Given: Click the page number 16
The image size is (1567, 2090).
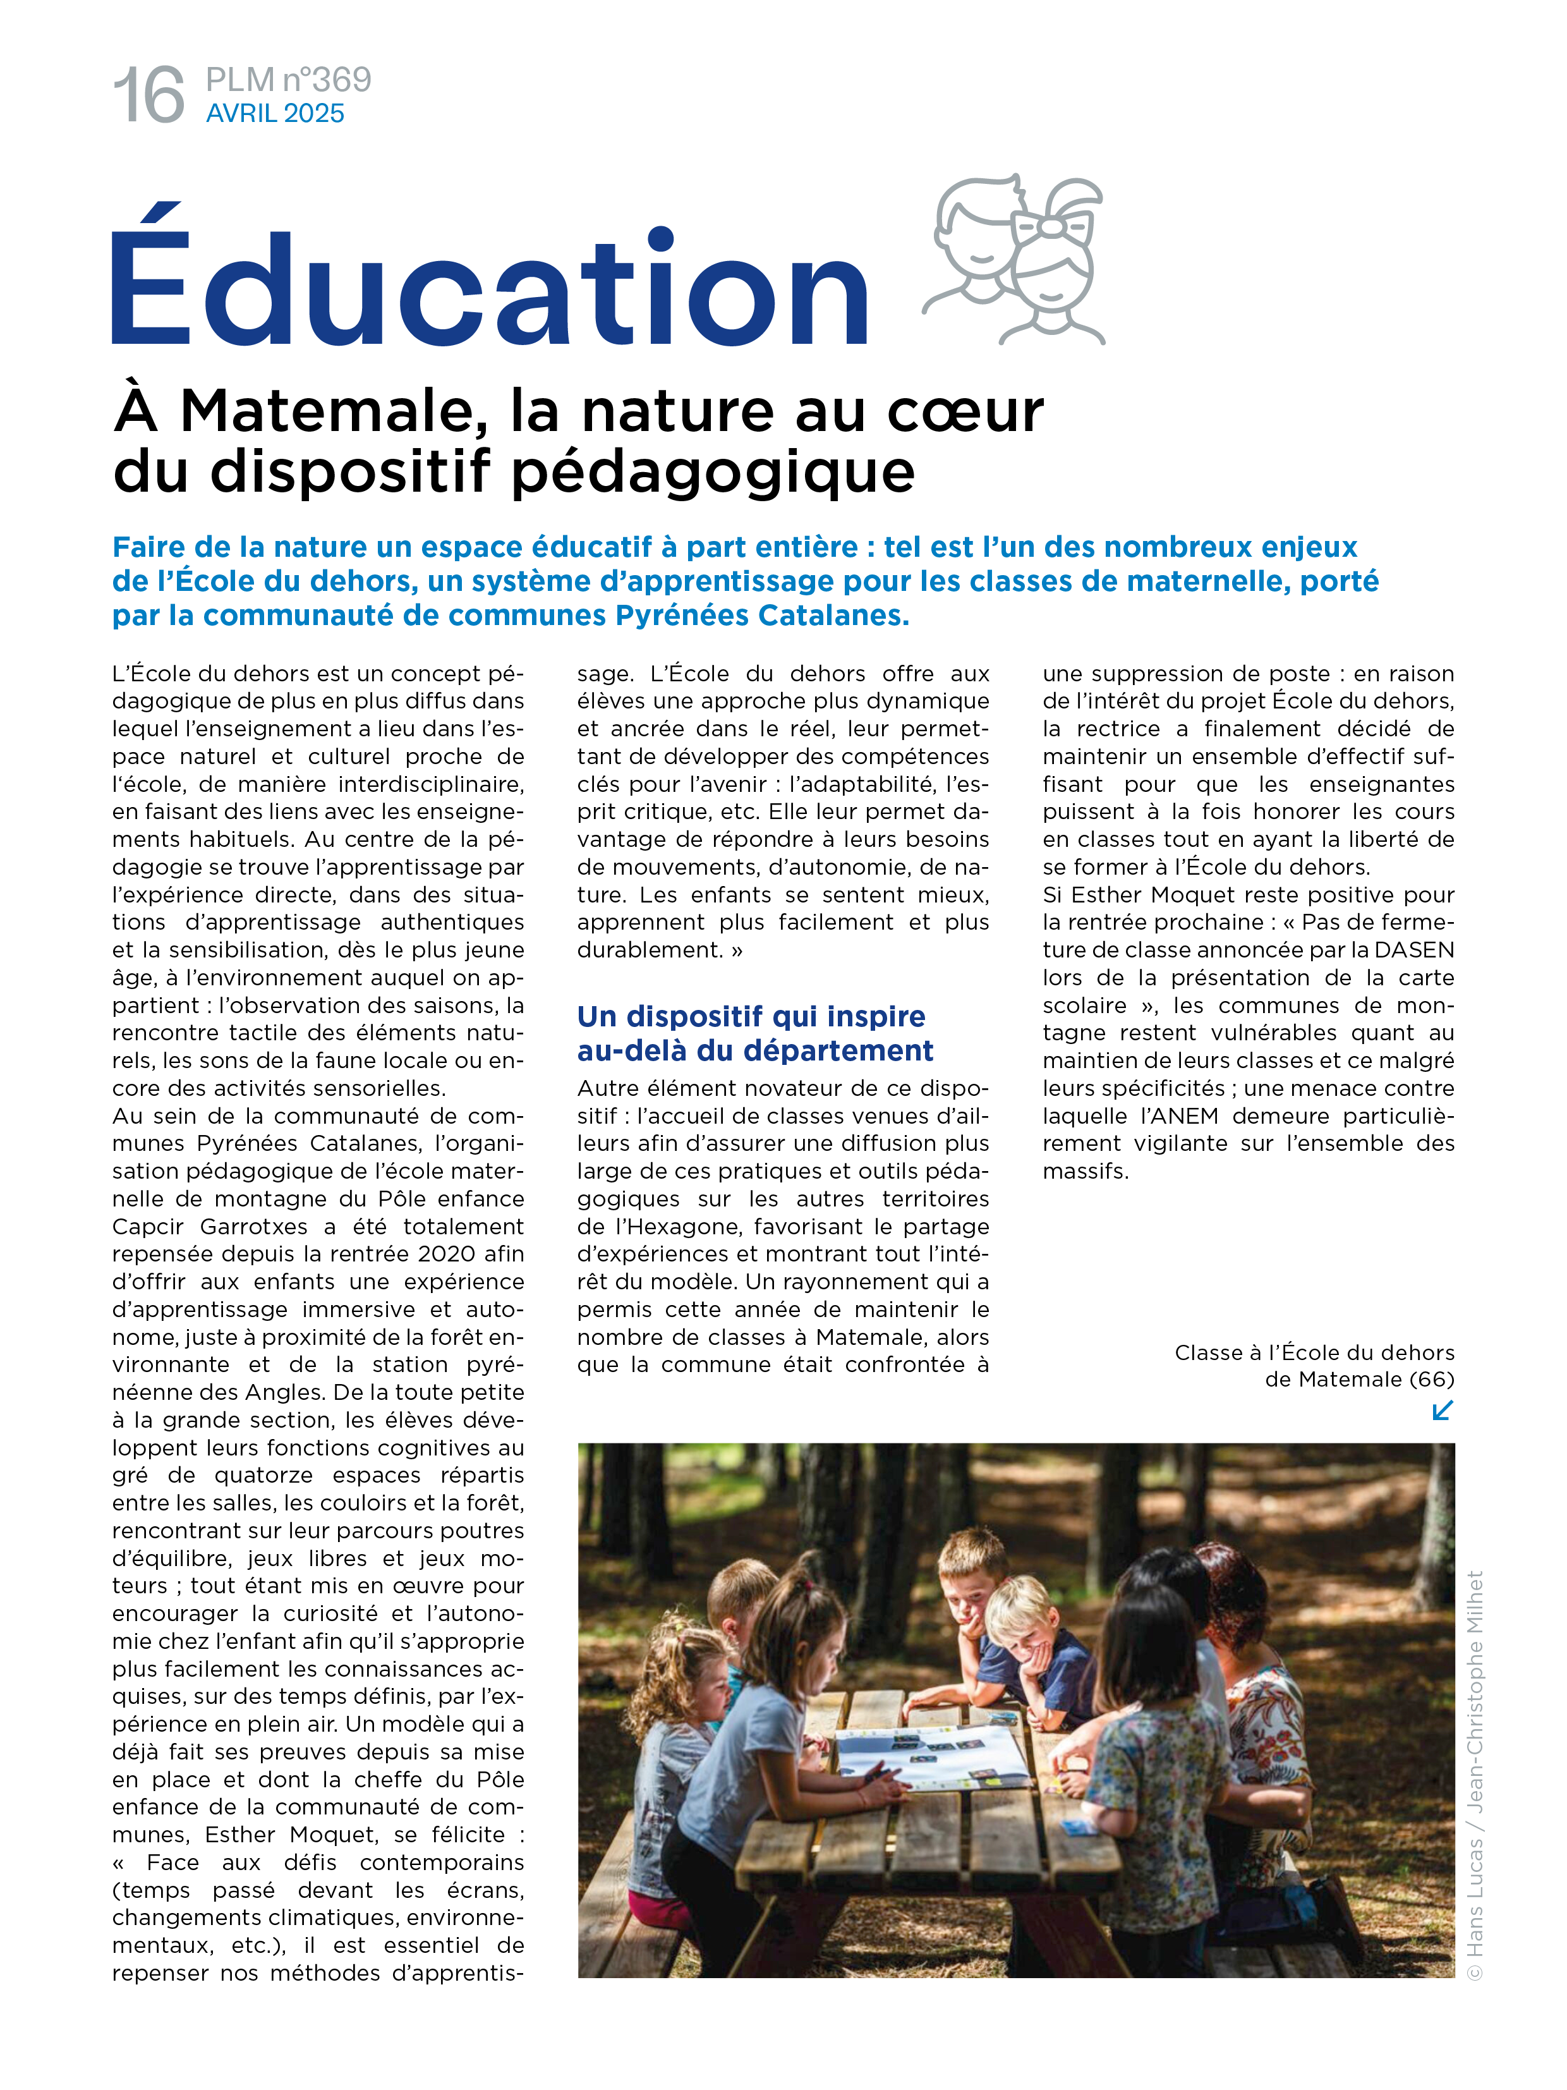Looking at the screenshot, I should click(x=148, y=95).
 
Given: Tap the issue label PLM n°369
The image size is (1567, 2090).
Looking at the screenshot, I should click(x=288, y=80).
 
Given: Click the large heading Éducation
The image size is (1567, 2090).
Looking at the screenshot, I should click(x=489, y=284).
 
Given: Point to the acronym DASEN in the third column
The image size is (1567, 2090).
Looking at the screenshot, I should click(x=1414, y=950).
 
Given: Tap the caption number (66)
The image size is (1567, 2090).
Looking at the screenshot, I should click(x=1431, y=1380).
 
